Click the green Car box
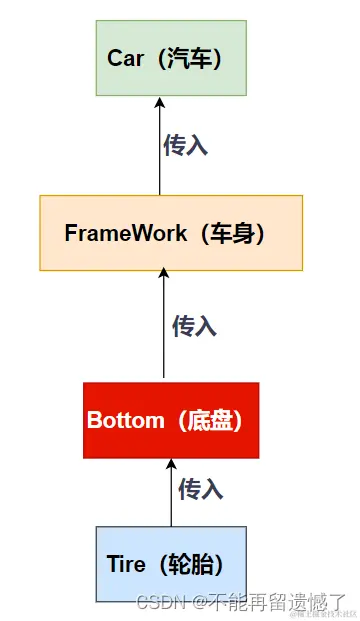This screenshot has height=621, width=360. [x=170, y=57]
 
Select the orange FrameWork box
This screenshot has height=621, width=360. [x=170, y=232]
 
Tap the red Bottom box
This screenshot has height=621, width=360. [x=171, y=420]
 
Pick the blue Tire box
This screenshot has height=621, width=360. [x=170, y=563]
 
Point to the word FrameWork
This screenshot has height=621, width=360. [x=125, y=233]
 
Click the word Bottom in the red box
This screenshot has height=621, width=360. [x=125, y=420]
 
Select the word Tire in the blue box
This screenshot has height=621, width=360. [x=126, y=564]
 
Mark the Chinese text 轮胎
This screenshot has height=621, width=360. [x=195, y=564]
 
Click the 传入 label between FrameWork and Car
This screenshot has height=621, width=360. [x=185, y=145]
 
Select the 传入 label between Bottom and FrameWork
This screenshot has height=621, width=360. [x=194, y=326]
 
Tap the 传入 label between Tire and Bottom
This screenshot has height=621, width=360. [x=200, y=489]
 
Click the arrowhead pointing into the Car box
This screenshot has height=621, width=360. [x=160, y=101]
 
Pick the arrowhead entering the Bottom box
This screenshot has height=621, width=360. [x=171, y=465]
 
